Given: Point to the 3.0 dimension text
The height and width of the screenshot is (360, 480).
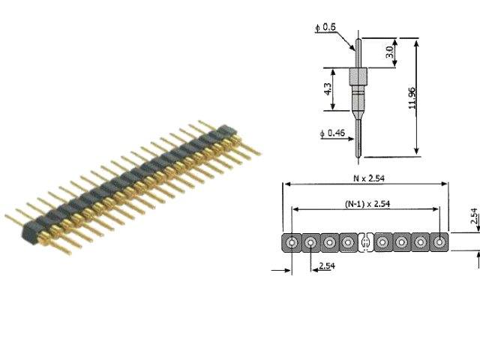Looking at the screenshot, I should click(x=388, y=52).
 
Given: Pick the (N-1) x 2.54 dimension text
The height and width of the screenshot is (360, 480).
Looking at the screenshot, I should click(x=365, y=204).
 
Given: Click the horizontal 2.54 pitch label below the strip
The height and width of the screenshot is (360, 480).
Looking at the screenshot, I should click(x=327, y=266).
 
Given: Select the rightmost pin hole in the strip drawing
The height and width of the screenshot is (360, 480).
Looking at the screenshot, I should click(x=439, y=242).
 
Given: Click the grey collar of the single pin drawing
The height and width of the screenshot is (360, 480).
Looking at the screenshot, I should click(x=358, y=77).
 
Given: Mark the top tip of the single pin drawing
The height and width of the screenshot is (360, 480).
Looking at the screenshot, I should click(x=358, y=35).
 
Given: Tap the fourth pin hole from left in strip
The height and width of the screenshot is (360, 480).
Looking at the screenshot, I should click(x=347, y=242).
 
